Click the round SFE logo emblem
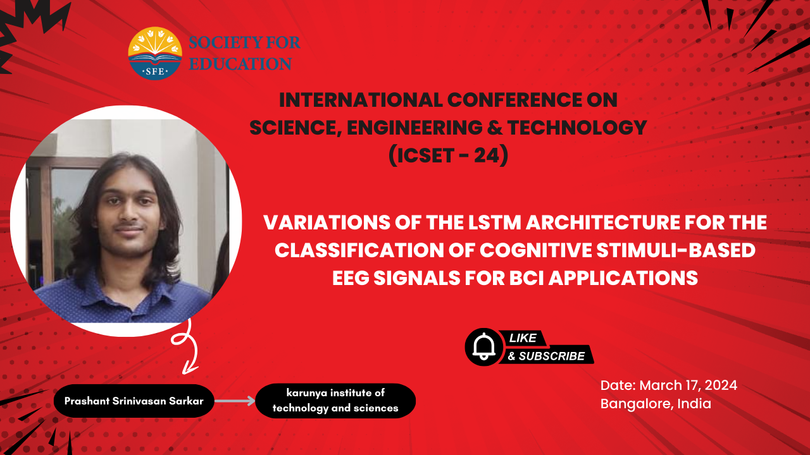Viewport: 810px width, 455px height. click(x=155, y=53)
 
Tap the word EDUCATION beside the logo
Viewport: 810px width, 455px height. click(x=240, y=64)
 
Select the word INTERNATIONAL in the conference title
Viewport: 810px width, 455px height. click(x=361, y=100)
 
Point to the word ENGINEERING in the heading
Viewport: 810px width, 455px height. click(x=414, y=128)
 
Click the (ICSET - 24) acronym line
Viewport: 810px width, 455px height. click(x=449, y=155)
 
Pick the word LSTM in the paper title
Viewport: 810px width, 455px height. click(x=495, y=222)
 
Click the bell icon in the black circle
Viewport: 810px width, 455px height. click(x=484, y=347)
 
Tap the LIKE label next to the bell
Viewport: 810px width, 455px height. click(x=523, y=338)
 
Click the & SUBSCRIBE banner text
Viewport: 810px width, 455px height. click(x=546, y=356)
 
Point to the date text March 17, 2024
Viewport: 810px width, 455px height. click(x=688, y=385)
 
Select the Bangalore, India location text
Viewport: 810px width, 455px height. click(x=656, y=404)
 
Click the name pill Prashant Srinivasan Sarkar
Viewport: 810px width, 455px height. click(x=134, y=401)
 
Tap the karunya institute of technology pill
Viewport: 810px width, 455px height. click(x=335, y=401)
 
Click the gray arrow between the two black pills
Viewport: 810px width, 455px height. click(x=235, y=401)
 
